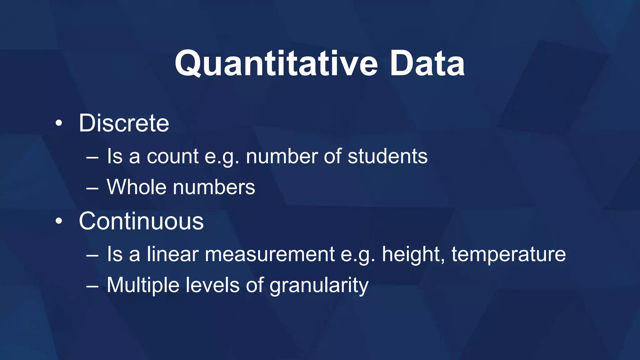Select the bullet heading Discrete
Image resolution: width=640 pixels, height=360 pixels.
coord(124,123)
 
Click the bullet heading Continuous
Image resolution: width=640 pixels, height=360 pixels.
coord(141,221)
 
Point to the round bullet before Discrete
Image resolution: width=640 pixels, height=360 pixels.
coord(59,124)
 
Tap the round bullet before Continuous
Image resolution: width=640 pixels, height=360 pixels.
coord(59,222)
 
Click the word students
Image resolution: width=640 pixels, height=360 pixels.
coord(387,156)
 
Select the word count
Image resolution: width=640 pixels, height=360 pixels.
coord(172,156)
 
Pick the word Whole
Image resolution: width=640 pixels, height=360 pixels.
coord(137,187)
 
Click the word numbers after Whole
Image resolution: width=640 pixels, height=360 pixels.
coord(214,187)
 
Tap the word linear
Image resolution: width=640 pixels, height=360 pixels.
coord(172,254)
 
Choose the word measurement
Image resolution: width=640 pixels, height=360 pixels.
coord(270,254)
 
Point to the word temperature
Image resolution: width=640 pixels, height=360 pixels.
coord(508,254)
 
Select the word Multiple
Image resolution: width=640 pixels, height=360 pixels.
coord(143,285)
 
